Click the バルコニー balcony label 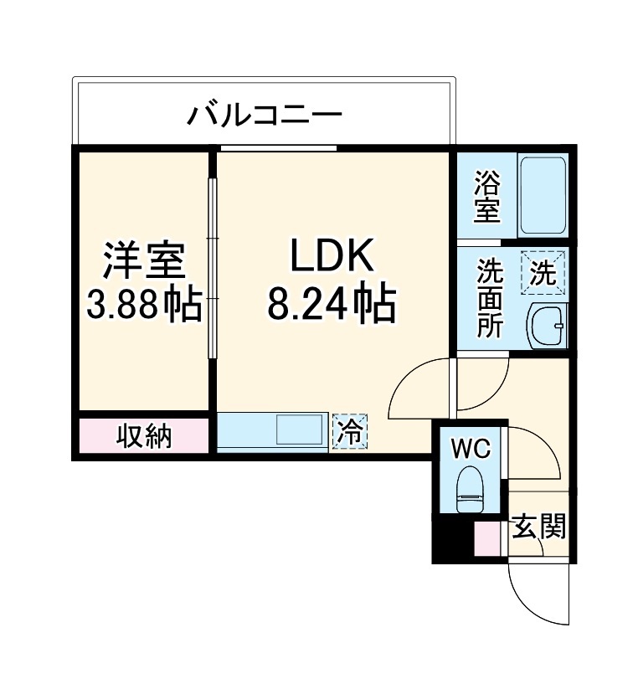[x=265, y=113]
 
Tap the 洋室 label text [x=143, y=260]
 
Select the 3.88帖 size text [x=144, y=306]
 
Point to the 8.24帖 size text [x=331, y=305]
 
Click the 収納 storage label [x=144, y=436]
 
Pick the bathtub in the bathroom [x=543, y=194]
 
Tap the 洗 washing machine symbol [x=543, y=273]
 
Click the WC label [x=471, y=449]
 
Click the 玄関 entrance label [x=539, y=527]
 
